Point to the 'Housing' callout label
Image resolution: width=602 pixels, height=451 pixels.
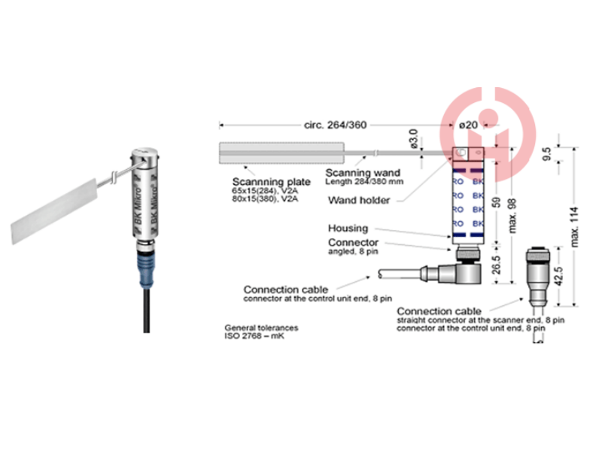click(348, 228)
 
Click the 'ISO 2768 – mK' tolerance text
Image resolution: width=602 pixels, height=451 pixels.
click(256, 336)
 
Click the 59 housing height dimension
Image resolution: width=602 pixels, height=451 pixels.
click(495, 201)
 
